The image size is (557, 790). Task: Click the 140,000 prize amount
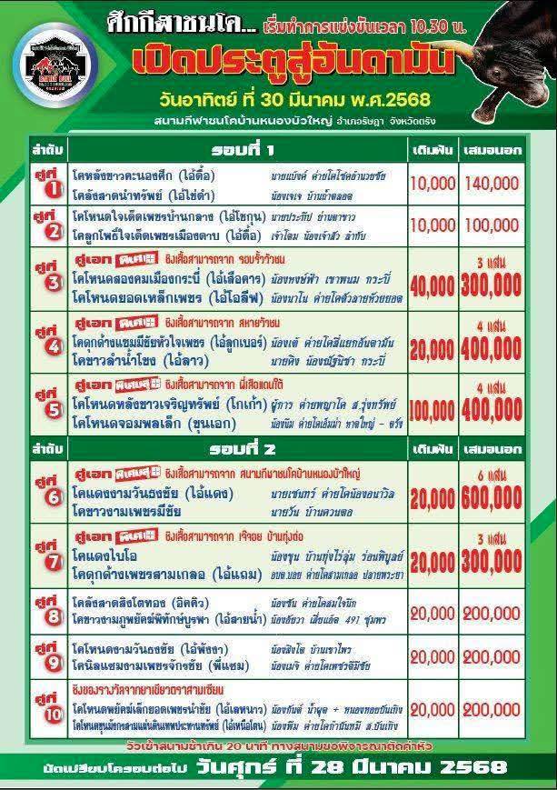click(x=502, y=183)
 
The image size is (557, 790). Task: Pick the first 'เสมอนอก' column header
click(x=502, y=148)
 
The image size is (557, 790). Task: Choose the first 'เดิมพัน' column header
click(x=433, y=148)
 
